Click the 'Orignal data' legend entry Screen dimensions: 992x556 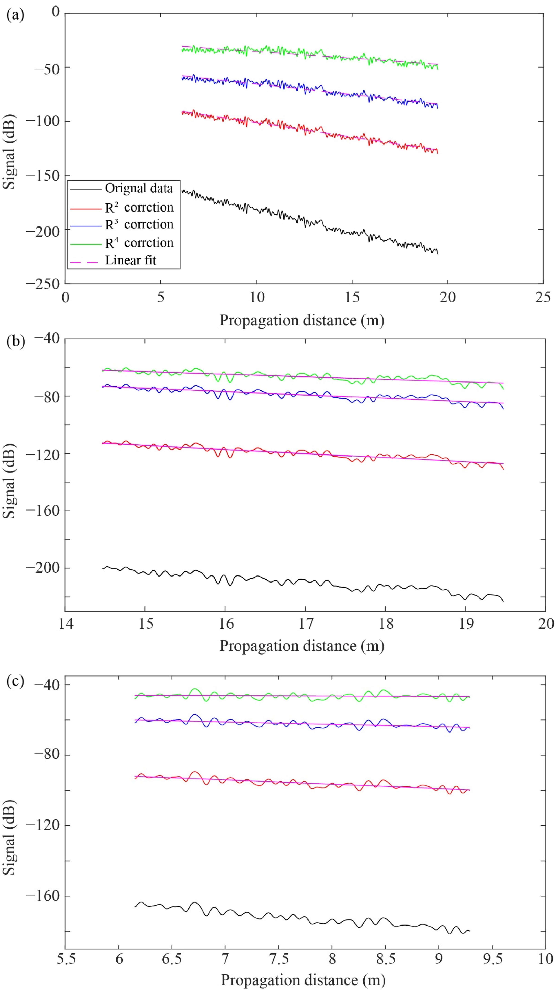139,188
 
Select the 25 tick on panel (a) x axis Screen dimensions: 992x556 543,297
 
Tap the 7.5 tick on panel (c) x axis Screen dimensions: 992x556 279,959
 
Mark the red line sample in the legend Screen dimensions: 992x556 85,208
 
